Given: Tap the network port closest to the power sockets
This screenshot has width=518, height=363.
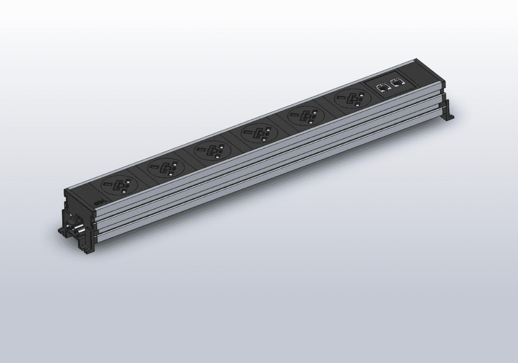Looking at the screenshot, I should pos(383,88).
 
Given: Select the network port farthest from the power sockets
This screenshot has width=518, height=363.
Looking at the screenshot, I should pos(397,82).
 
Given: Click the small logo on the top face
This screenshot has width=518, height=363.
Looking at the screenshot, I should pos(99,204).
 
